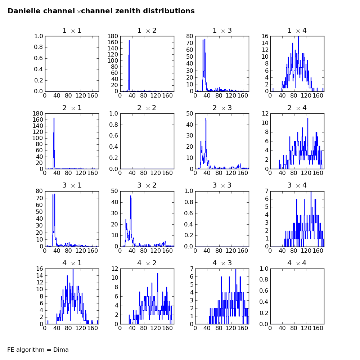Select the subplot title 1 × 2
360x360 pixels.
tap(147, 31)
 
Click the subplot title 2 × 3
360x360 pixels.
tap(222, 108)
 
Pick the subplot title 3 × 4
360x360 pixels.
tap(297, 185)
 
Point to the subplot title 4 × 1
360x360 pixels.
tap(72, 263)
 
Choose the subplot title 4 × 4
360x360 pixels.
tap(297, 263)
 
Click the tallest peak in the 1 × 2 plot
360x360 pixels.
tap(129, 40)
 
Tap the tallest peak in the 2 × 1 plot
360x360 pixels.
tap(54, 118)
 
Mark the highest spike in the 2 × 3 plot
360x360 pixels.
tap(206, 118)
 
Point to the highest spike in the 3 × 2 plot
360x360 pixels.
tap(131, 196)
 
